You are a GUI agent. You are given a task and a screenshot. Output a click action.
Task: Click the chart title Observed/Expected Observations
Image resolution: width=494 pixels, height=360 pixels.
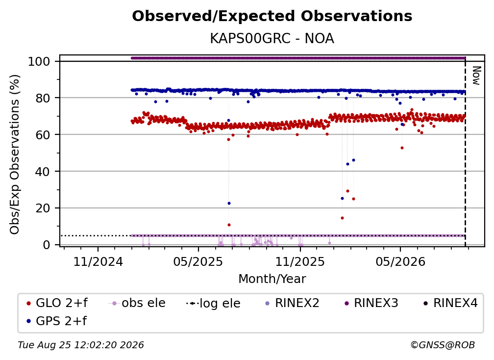pos(272,16)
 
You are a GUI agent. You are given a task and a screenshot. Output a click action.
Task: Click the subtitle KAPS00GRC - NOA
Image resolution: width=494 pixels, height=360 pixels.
pos(272,39)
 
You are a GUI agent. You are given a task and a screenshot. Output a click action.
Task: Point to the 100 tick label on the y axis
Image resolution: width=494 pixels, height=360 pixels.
pos(39,61)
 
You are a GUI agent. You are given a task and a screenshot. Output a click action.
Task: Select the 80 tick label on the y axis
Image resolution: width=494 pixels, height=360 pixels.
pos(43,98)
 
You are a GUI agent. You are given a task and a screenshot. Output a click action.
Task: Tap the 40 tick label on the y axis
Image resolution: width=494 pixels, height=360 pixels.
pos(43,172)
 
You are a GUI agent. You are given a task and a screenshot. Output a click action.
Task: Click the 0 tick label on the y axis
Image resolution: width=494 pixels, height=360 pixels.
pos(47,245)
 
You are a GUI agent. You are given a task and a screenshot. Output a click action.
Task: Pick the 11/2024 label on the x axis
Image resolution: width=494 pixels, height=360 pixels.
pos(98,261)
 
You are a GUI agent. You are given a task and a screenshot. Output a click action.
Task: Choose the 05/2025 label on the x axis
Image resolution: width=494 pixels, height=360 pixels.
pos(198,261)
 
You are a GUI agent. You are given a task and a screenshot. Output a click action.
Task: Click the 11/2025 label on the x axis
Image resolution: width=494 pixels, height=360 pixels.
pos(300,261)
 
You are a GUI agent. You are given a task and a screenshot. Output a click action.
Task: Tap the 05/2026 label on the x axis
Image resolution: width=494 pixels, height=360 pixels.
pos(400,261)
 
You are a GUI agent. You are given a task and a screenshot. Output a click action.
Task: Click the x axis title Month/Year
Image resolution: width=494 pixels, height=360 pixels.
pos(272,279)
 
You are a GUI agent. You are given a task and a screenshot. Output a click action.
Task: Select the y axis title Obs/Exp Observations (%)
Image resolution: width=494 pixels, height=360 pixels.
pos(15,154)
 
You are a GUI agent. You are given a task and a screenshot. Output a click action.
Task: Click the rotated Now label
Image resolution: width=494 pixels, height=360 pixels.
pos(476,76)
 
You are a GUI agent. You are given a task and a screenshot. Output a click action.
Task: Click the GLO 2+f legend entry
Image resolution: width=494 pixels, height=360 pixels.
pos(57,303)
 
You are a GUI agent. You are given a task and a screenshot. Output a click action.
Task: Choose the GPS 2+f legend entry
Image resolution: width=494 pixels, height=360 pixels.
pos(57,321)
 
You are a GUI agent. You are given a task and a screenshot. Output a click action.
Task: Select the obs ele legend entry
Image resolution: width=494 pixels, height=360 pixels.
pos(137,303)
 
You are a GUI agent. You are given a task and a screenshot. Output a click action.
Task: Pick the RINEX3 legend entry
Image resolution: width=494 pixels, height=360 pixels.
pos(371,303)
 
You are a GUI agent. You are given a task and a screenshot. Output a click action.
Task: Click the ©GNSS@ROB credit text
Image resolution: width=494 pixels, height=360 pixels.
pos(443,345)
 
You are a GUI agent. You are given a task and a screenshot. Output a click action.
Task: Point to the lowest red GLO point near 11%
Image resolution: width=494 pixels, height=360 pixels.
pos(229,225)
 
